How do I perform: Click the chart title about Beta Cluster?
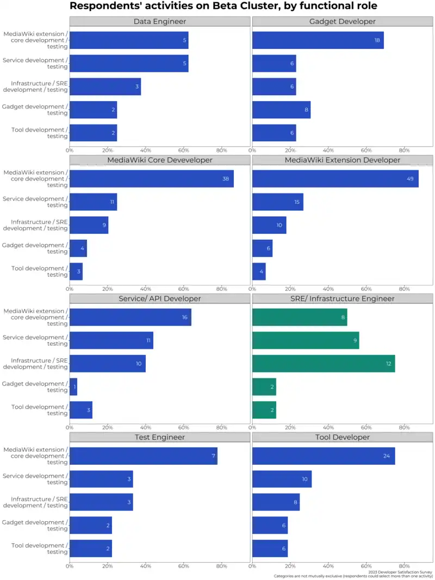point(223,7)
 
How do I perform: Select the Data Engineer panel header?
point(160,22)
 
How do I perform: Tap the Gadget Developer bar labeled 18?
point(318,40)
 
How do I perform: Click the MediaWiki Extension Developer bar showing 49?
point(335,179)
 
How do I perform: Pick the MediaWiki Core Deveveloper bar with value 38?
point(151,179)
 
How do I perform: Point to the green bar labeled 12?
point(323,363)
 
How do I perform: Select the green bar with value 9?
point(305,340)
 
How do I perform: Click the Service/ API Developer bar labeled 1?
point(73,386)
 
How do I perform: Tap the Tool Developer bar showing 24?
point(323,456)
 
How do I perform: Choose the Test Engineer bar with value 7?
point(143,456)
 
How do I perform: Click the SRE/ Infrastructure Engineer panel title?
point(343,298)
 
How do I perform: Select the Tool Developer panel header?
point(343,437)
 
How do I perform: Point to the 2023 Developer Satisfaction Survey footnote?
point(400,572)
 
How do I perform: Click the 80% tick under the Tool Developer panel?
point(404,566)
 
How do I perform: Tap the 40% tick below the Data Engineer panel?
point(146,150)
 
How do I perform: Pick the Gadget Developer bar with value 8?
point(281,110)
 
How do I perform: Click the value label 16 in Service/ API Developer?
point(185,317)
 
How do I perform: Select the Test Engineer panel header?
point(160,437)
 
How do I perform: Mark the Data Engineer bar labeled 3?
point(105,86)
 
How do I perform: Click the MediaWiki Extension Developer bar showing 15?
point(277,202)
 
